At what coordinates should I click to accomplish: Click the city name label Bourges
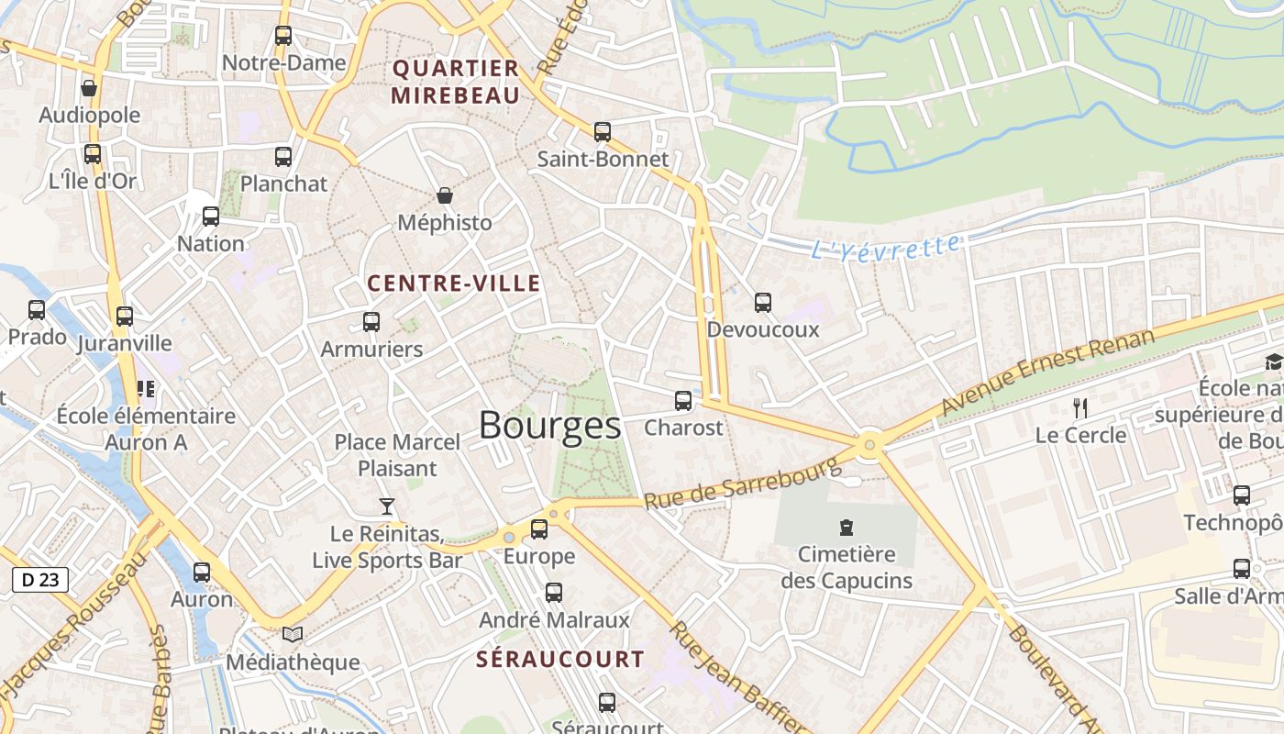549,426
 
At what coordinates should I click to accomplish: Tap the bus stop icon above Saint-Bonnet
602,132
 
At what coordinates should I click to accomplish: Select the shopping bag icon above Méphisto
445,195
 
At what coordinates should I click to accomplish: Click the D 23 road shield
40,579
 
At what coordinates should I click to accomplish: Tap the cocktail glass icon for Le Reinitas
387,506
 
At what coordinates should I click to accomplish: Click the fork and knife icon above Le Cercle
1080,408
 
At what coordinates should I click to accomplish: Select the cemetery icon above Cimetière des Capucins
846,528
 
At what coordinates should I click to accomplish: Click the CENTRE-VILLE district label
454,284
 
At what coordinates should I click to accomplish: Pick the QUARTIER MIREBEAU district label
456,82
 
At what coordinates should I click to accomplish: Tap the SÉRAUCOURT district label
560,659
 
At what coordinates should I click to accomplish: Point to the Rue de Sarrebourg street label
742,483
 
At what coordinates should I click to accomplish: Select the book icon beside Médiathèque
293,635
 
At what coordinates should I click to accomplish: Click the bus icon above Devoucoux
762,303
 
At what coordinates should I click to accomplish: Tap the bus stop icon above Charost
682,401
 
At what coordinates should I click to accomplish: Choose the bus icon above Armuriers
371,322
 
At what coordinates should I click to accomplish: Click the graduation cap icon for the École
1273,362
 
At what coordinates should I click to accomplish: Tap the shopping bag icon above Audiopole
89,88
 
